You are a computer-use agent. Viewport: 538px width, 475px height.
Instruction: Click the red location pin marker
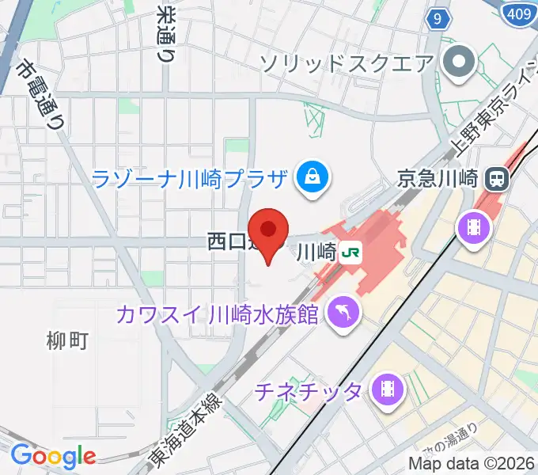point(269,230)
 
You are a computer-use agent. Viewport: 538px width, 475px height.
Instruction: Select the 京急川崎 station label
point(437,178)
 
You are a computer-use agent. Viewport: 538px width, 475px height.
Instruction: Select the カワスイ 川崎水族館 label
point(217,313)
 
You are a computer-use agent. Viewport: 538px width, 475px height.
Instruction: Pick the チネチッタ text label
point(309,389)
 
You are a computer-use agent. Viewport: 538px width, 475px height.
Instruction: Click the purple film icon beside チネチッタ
point(388,389)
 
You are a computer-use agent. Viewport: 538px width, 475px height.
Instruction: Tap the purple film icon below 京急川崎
point(472,228)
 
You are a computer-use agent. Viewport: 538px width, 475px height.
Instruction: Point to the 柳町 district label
point(67,342)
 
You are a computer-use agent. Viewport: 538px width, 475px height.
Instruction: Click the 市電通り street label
point(41,95)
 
